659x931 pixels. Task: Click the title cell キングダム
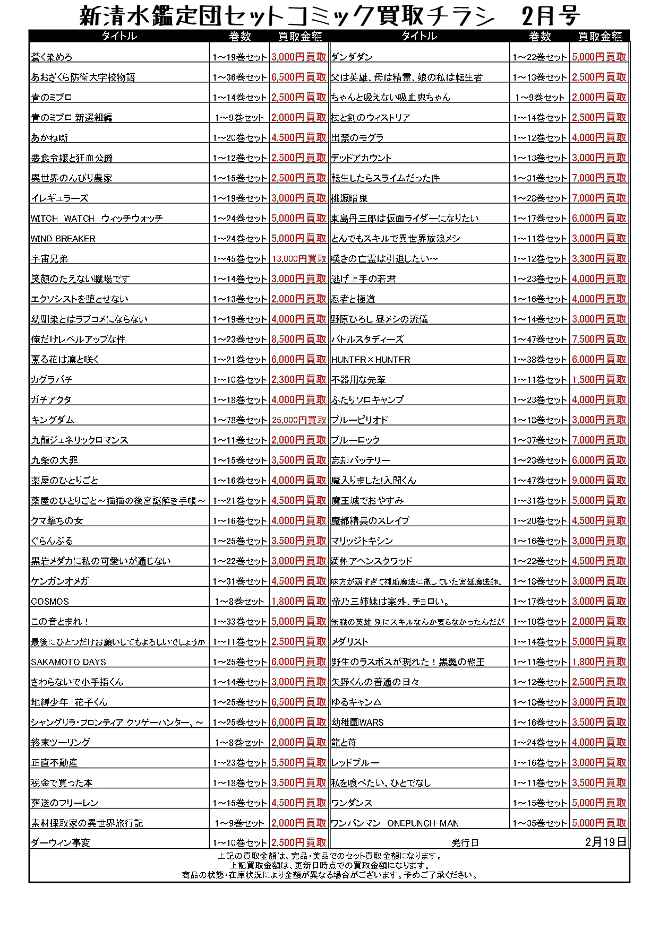tap(53, 420)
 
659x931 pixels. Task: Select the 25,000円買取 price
tap(299, 420)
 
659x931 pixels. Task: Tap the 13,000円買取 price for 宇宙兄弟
tap(299, 258)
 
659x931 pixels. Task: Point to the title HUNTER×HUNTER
tap(371, 359)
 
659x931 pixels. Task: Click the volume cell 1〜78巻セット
tap(239, 420)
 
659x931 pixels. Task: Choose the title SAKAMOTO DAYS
tap(69, 662)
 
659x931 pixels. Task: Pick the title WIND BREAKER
tap(63, 238)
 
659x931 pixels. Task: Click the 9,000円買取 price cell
tap(599, 480)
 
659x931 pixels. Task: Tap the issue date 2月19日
tap(605, 842)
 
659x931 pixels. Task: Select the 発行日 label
tap(465, 842)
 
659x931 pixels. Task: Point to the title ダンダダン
tap(352, 57)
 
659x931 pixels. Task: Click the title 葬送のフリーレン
tap(65, 803)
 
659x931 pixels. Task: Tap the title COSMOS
tap(50, 601)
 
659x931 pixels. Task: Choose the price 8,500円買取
tap(299, 339)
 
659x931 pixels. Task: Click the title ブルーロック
tap(356, 440)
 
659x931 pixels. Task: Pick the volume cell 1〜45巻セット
tap(239, 258)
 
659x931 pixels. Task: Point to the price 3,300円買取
tap(599, 258)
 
